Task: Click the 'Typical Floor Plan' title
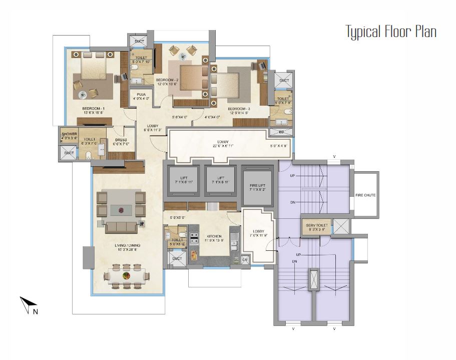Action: [391, 32]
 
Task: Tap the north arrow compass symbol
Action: [27, 305]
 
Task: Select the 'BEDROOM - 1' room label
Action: [94, 108]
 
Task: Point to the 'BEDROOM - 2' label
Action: [167, 80]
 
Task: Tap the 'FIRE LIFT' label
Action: [257, 185]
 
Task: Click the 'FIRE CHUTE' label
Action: [365, 195]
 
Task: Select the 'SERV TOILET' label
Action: [317, 226]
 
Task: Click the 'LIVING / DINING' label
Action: [128, 245]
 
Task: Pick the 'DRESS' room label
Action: [121, 140]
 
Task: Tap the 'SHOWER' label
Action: [69, 134]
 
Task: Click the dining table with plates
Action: [127, 276]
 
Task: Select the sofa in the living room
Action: [121, 227]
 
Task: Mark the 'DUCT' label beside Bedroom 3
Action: [284, 80]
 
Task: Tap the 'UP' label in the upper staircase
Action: [293, 175]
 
